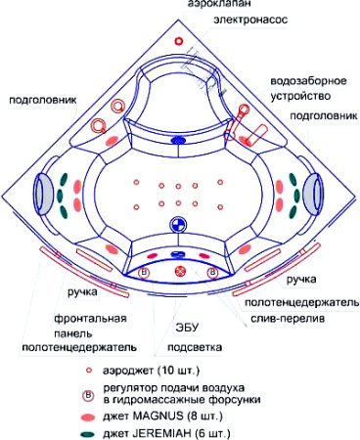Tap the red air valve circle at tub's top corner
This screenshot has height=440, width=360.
[179, 41]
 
